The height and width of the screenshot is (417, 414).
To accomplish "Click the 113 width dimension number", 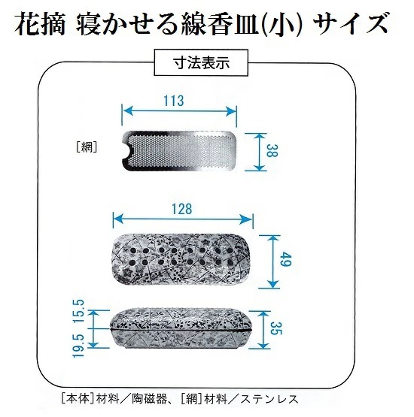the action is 173,101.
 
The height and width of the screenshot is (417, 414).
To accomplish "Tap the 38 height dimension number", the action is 272,150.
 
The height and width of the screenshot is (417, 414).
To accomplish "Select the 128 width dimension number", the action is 181,209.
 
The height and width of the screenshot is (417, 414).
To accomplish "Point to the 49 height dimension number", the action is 286,259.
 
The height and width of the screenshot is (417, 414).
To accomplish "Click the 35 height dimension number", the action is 275,328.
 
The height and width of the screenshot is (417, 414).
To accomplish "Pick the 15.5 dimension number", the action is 79,311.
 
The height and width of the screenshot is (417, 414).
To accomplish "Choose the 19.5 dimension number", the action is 79,346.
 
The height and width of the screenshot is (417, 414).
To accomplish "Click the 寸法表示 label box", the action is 201,63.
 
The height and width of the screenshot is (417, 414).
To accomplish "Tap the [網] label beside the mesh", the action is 87,147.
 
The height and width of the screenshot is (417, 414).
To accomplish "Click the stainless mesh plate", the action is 179,150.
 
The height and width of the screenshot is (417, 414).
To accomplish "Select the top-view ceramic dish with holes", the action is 182,258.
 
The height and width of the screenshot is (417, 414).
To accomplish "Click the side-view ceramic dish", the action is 181,329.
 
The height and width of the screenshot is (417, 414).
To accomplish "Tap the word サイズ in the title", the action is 351,24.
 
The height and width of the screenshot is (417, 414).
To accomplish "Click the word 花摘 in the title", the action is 40,24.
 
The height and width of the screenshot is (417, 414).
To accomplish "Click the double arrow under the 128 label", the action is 183,219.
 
